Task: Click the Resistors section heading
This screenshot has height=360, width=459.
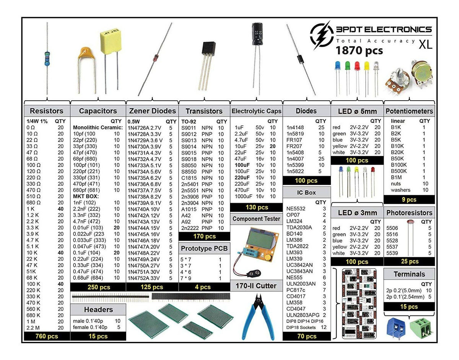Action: (47, 111)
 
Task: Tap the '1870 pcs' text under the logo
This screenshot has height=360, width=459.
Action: (359, 50)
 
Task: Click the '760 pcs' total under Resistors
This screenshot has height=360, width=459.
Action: (47, 336)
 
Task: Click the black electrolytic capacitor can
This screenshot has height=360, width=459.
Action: (257, 35)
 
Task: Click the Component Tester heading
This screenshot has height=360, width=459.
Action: (256, 219)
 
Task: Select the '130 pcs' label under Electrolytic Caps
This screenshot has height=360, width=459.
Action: (256, 207)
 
